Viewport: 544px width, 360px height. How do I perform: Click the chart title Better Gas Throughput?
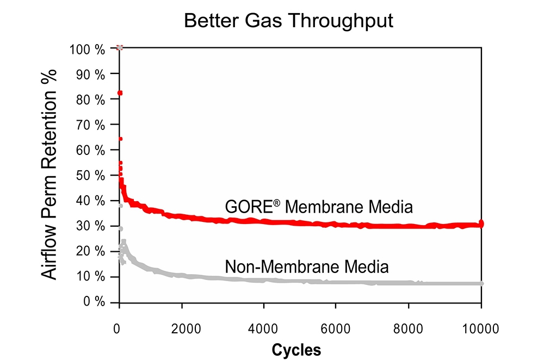(288, 21)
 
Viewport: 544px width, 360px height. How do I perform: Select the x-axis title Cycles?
(296, 349)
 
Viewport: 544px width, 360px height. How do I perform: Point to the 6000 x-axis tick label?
(336, 328)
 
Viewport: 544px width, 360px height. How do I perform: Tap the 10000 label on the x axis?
(481, 328)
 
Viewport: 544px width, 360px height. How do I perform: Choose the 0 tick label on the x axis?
(116, 328)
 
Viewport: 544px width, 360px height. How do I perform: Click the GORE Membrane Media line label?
(319, 207)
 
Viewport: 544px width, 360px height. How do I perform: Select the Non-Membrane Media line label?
(307, 267)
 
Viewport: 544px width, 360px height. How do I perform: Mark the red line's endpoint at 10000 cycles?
(481, 224)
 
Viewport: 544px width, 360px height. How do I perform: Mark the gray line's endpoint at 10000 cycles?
(481, 283)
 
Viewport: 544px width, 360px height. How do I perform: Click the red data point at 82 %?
(120, 93)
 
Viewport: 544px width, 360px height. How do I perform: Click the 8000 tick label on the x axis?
(409, 328)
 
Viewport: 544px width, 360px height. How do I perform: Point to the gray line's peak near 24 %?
(123, 241)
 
